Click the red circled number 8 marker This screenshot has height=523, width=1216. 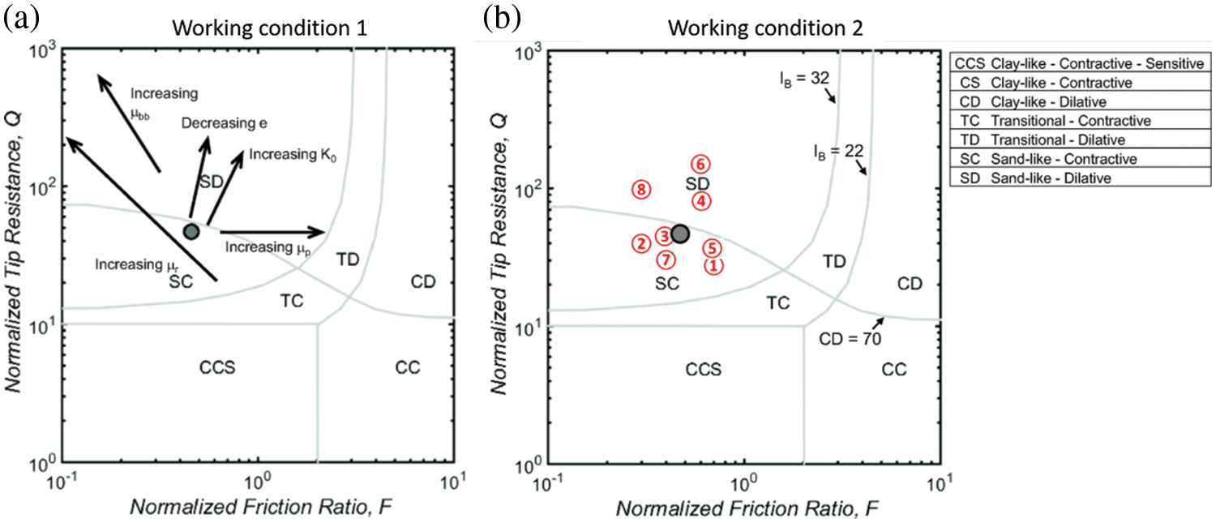click(x=641, y=190)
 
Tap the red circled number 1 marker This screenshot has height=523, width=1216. click(x=713, y=264)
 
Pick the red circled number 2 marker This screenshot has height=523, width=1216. click(x=640, y=242)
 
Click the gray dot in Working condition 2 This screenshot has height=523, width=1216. click(x=680, y=234)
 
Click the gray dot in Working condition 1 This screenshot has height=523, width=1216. click(x=191, y=232)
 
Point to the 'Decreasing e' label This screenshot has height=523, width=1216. click(x=225, y=123)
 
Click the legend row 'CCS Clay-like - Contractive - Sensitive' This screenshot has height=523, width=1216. click(x=1079, y=64)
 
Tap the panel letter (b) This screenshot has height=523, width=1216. click(x=502, y=19)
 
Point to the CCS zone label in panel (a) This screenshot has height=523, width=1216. click(x=216, y=367)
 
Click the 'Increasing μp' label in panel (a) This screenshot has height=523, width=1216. click(x=261, y=246)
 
